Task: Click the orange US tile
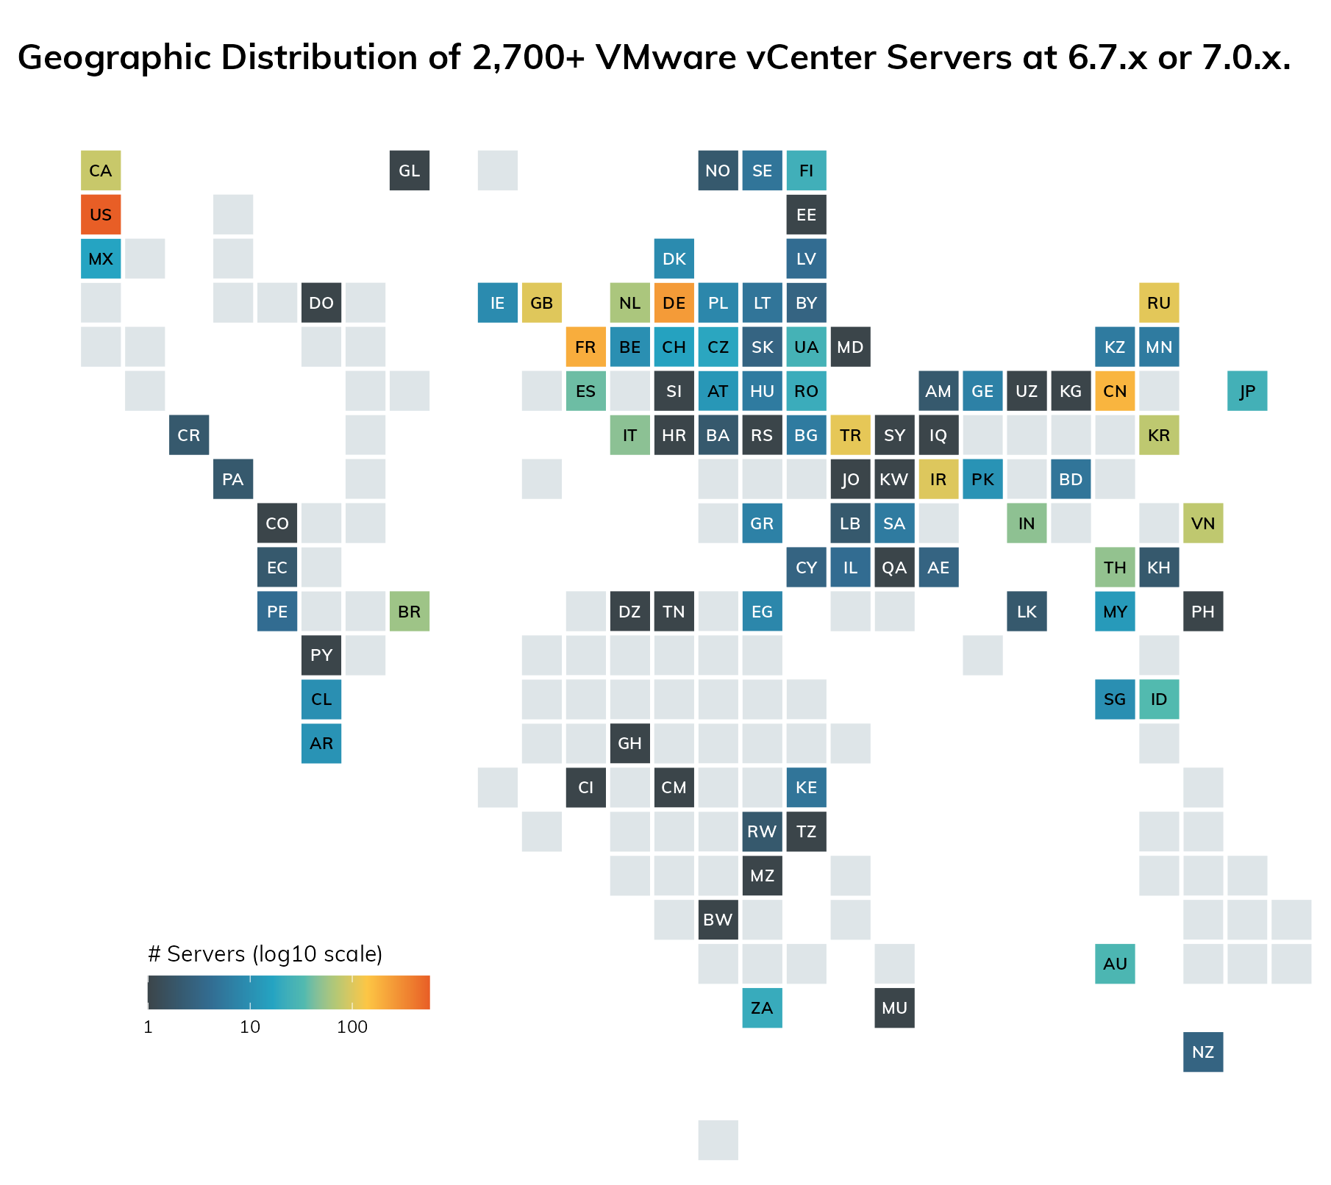101,215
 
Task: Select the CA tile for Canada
101,171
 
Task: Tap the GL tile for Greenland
410,171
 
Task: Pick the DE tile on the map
674,303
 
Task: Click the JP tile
1247,391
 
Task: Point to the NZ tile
1203,1052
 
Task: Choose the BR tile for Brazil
410,612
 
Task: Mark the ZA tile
762,1008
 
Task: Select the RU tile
1159,303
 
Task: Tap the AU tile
1115,964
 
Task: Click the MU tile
894,1008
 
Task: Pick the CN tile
1115,391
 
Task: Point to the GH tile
630,743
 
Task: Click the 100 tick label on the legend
352,1027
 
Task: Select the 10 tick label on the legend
250,1027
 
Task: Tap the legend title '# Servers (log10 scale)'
265,954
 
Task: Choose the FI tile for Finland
807,171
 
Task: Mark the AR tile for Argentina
321,743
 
